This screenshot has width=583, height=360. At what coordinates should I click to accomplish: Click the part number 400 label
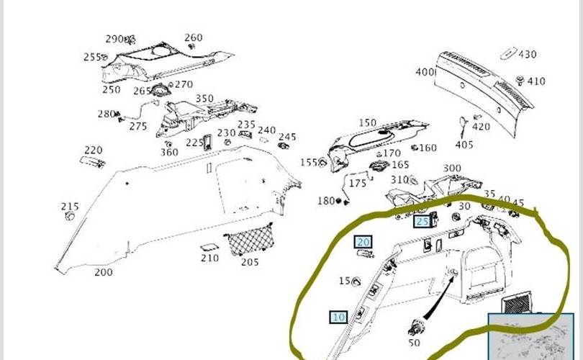click(425, 72)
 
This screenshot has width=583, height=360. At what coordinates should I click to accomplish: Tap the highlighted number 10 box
click(339, 316)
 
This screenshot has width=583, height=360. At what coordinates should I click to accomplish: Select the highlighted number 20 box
click(363, 242)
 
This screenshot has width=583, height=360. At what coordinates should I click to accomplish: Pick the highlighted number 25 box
click(422, 221)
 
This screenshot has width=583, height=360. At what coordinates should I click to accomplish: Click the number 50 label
click(414, 343)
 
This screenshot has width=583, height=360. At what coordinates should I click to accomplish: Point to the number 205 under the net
click(250, 261)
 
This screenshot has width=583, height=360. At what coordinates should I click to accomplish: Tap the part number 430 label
click(528, 55)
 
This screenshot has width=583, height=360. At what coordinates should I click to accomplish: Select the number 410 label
click(536, 81)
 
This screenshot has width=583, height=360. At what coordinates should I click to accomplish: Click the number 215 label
click(70, 207)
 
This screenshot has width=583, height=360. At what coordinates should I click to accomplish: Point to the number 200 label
click(103, 272)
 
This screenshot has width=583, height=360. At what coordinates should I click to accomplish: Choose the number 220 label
click(94, 150)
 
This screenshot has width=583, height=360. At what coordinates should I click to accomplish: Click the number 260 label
click(194, 37)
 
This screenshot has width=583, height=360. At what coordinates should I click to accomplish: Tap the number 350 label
click(204, 99)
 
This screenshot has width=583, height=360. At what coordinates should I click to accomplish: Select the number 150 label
click(367, 123)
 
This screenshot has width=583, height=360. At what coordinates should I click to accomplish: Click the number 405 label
click(465, 144)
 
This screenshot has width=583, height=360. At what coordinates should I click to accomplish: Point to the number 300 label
click(452, 168)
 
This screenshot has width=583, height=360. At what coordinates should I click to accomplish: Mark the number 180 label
click(325, 201)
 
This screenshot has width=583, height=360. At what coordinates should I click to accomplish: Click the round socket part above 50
click(416, 328)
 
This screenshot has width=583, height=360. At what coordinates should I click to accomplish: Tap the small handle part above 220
click(92, 163)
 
